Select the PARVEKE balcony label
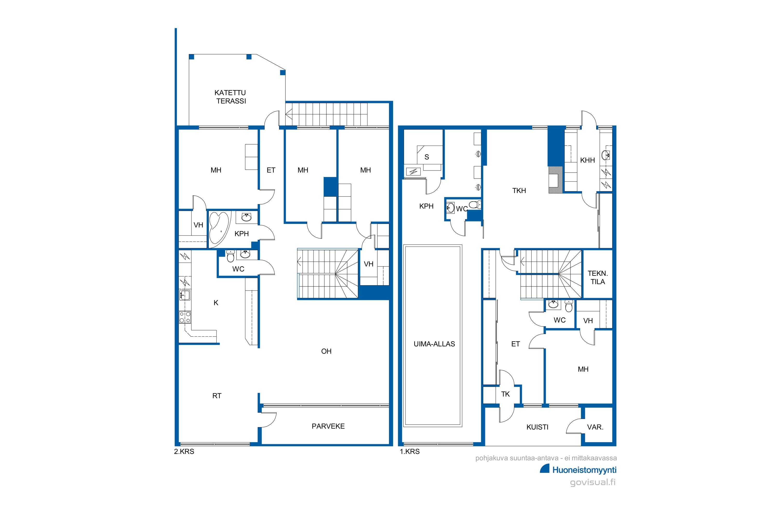pyautogui.click(x=328, y=426)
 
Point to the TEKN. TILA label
pyautogui.click(x=597, y=278)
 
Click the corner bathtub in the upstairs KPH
pyautogui.click(x=219, y=228)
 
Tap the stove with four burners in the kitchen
pyautogui.click(x=185, y=317)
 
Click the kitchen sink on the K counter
pyautogui.click(x=184, y=295)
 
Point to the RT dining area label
pyautogui.click(x=217, y=396)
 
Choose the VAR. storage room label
pyautogui.click(x=595, y=427)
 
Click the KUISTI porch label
pyautogui.click(x=537, y=427)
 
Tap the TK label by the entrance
pyautogui.click(x=505, y=394)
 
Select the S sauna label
pyautogui.click(x=427, y=157)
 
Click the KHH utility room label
pyautogui.click(x=588, y=160)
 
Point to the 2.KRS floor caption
pyautogui.click(x=184, y=452)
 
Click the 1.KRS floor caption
pyautogui.click(x=410, y=452)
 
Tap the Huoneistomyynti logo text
pyautogui.click(x=584, y=470)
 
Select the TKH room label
pyautogui.click(x=519, y=191)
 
